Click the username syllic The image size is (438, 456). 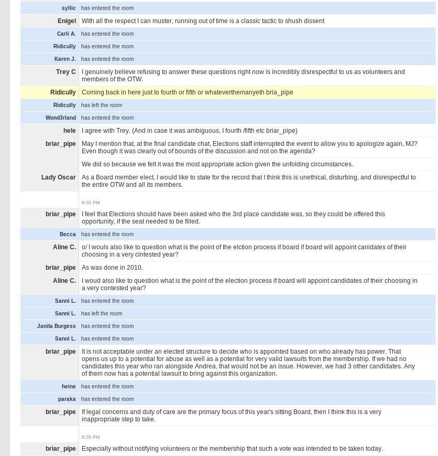pyautogui.click(x=69, y=8)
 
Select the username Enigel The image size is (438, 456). pyautogui.click(x=67, y=21)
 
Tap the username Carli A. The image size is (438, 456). pyautogui.click(x=66, y=34)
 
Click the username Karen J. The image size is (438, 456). pyautogui.click(x=65, y=59)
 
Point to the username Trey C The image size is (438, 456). pyautogui.click(x=65, y=72)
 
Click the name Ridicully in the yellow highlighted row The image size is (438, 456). pyautogui.click(x=63, y=92)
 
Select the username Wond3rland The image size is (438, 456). pyautogui.click(x=60, y=118)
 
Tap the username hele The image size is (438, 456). pyautogui.click(x=69, y=131)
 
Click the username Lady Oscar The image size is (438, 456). pyautogui.click(x=58, y=177)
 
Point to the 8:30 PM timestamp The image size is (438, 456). pyautogui.click(x=91, y=203)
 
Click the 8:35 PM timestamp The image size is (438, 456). pyautogui.click(x=91, y=437)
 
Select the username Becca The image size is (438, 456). pyautogui.click(x=68, y=235)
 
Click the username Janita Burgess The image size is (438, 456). pyautogui.click(x=56, y=326)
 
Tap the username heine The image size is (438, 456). pyautogui.click(x=69, y=387)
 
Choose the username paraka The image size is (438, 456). pyautogui.click(x=67, y=399)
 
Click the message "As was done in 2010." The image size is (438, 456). pyautogui.click(x=112, y=268)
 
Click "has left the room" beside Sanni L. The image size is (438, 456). pyautogui.click(x=102, y=314)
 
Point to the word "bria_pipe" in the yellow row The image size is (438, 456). pyautogui.click(x=279, y=92)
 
